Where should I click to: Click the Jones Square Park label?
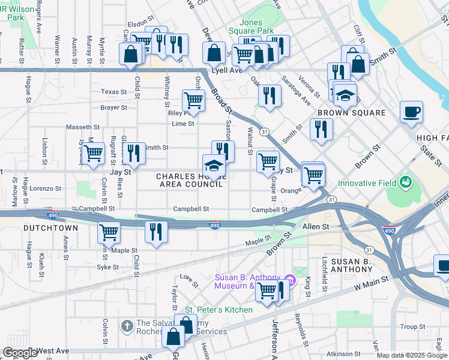[251, 26]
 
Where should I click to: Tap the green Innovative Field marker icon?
[406, 181]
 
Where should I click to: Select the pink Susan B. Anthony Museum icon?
[290, 280]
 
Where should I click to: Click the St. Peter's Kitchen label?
[218, 310]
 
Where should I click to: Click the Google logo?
[20, 353]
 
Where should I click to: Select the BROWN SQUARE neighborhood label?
[351, 113]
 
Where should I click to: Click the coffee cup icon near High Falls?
[411, 112]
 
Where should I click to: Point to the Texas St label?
[114, 92]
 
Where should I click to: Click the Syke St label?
[108, 267]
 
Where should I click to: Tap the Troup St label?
[412, 326]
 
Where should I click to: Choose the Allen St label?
[316, 227]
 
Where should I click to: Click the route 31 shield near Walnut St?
[264, 131]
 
